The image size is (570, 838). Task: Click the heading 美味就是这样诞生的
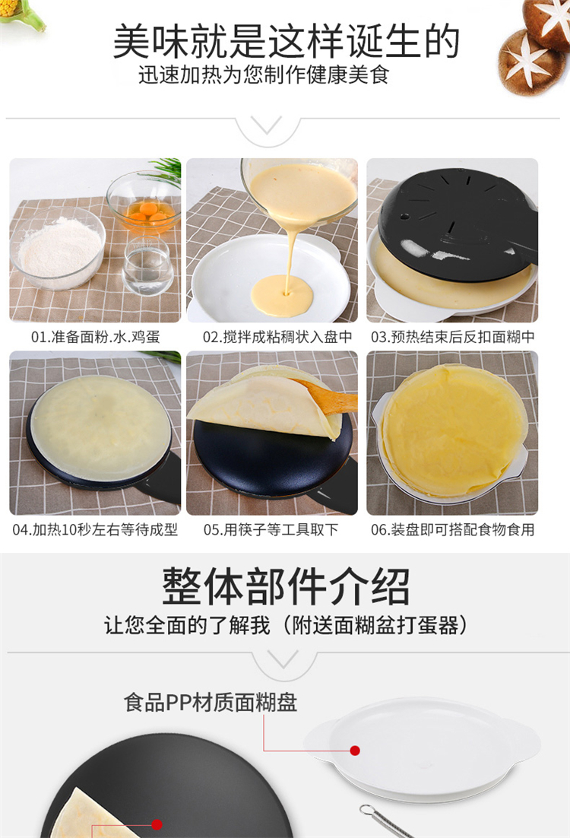tap(287, 41)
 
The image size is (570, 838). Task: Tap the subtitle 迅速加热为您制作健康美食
tap(264, 75)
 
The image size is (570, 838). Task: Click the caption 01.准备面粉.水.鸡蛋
tap(96, 337)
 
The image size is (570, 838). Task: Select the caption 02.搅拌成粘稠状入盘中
tap(277, 337)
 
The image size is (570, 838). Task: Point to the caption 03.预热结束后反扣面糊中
tap(453, 337)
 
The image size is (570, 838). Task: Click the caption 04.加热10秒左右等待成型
tap(95, 529)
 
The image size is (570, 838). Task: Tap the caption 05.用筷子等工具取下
tap(271, 529)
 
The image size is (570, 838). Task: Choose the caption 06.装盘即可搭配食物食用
tap(453, 529)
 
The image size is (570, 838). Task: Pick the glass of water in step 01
tap(148, 265)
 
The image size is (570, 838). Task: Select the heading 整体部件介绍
tap(286, 586)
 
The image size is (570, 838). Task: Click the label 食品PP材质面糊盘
tap(211, 702)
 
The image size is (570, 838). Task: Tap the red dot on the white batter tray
tap(355, 751)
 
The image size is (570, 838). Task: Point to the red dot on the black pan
tap(157, 824)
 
